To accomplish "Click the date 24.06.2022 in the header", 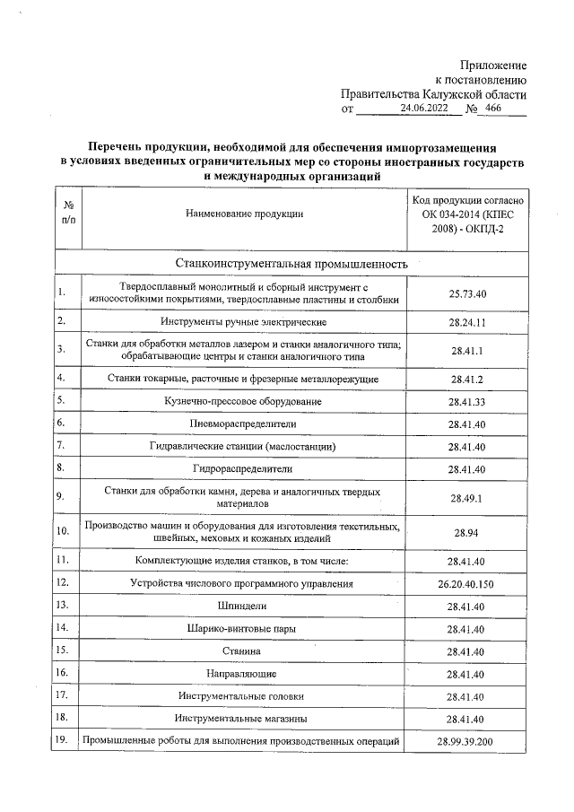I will [423, 109].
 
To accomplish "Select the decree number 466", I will [492, 109].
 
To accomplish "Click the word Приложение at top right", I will [493, 65].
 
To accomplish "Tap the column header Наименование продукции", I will [244, 214].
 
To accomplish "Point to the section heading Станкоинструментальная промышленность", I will [291, 265].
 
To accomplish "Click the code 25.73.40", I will [466, 293].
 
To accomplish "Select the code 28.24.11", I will [466, 321].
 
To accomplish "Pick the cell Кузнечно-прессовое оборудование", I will [244, 400].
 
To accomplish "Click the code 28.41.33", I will [466, 400].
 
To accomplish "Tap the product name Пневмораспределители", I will [244, 423].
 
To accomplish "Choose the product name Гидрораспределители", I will [244, 468].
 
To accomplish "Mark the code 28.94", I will [466, 532].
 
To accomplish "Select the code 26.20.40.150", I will [466, 584].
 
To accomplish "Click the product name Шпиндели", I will [244, 607].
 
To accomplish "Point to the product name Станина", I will [244, 650].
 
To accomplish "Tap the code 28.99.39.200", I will [466, 740].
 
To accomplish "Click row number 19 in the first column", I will [63, 740].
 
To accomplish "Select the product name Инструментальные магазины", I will [244, 718].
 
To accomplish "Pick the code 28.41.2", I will [466, 379].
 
